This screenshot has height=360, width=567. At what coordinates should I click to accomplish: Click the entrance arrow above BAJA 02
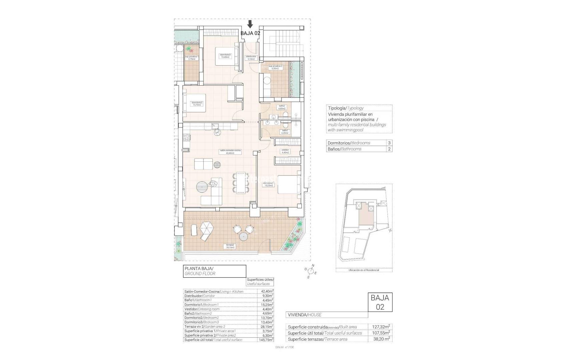click(250, 24)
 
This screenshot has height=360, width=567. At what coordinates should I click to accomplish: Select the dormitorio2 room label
click(197, 104)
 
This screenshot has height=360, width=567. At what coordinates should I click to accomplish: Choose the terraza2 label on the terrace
click(230, 246)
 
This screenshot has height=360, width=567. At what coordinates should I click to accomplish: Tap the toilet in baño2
click(286, 115)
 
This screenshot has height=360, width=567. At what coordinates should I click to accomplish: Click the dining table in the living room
click(240, 183)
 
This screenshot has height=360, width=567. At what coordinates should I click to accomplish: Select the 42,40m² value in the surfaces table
click(267, 291)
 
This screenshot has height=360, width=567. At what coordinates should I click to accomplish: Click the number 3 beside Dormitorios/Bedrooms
click(389, 143)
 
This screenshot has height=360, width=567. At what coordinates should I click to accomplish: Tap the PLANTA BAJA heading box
click(214, 271)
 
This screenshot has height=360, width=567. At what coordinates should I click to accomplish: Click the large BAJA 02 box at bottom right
click(380, 302)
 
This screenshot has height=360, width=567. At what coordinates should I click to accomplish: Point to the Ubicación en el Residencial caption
click(364, 270)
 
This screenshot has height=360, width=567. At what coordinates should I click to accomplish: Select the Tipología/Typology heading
click(346, 108)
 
